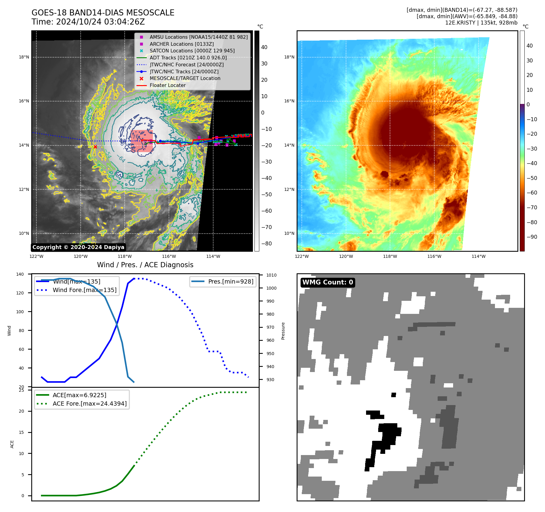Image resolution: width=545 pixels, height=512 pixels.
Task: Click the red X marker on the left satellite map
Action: coord(95,147)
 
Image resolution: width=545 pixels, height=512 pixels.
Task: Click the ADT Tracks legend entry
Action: coord(188,58)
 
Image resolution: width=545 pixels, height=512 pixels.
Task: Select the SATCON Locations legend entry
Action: coord(192,51)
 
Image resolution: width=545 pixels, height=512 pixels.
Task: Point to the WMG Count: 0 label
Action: coord(328,282)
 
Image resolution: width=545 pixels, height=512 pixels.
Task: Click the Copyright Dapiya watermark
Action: coord(78,247)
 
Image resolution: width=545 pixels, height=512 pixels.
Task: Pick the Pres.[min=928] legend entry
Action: coord(230,281)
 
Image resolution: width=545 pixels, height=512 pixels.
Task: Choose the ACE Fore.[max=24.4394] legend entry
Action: coord(89,404)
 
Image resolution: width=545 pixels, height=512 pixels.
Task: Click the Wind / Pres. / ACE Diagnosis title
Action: coord(145,265)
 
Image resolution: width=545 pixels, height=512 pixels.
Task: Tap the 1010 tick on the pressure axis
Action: coord(271,275)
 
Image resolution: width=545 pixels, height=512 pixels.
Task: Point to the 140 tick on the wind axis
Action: coord(20,274)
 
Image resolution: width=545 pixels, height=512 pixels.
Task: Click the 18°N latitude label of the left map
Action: coord(24,57)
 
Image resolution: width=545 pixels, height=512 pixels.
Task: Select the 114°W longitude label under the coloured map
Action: coord(478,256)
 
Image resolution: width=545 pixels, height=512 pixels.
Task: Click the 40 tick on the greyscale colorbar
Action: coord(264,47)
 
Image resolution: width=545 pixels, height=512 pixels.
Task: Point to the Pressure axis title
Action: coord(283,331)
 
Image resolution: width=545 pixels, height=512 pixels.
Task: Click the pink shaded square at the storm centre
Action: coord(142,141)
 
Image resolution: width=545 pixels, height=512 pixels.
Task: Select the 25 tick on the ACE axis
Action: coord(22,390)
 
